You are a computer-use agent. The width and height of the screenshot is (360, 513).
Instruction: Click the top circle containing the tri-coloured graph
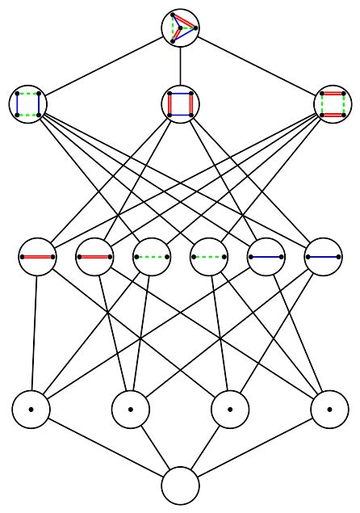point(180,28)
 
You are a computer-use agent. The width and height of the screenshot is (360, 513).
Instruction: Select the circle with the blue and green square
point(28,104)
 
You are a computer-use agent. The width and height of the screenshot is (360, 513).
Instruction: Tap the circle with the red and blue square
point(180,104)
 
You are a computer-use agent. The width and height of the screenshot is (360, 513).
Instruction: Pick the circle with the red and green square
point(333,104)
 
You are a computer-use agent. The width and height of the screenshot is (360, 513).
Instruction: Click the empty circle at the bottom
point(180,486)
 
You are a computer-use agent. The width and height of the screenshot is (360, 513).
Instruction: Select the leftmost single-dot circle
point(31,410)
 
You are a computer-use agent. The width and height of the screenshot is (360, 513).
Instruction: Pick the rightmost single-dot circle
point(329,410)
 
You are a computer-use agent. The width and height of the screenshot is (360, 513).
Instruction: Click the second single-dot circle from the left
point(130,410)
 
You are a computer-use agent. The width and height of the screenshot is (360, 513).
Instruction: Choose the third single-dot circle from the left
point(230,410)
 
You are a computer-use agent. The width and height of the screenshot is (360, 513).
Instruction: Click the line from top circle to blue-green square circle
point(103,66)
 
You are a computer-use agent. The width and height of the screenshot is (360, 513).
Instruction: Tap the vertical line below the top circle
point(180,66)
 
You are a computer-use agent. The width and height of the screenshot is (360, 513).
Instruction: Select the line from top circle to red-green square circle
point(257,66)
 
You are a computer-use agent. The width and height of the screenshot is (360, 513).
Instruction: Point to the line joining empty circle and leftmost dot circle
point(105,448)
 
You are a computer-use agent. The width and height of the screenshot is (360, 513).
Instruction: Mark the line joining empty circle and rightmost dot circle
point(255,448)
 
